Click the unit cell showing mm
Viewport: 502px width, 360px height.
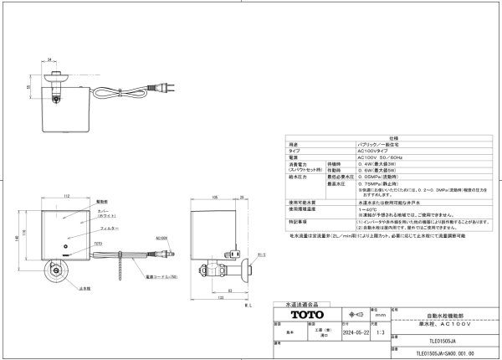click(x=379, y=315)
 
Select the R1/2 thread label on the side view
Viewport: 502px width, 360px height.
click(x=261, y=255)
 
